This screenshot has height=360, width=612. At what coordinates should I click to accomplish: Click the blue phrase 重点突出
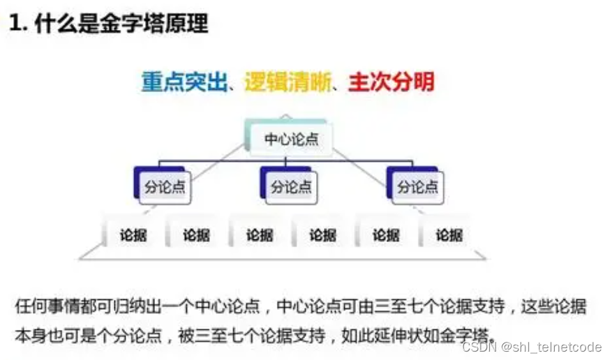[185, 82]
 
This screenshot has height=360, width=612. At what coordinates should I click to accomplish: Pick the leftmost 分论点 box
[165, 187]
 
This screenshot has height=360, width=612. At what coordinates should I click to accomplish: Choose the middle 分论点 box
[292, 187]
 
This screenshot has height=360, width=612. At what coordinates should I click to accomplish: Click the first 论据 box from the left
[133, 235]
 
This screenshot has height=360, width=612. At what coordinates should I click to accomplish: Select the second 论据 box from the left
[196, 235]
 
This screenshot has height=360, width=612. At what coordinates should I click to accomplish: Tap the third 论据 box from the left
[260, 235]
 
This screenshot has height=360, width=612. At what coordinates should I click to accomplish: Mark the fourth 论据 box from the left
[322, 235]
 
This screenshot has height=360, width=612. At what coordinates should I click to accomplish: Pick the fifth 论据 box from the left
[386, 235]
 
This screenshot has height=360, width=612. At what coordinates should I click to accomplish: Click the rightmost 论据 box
[449, 235]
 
